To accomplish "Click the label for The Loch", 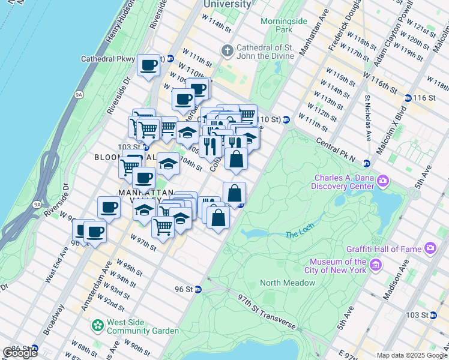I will [300, 234].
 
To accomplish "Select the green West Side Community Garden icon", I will [97, 326].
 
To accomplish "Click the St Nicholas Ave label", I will [367, 117].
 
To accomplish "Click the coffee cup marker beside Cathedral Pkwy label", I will [148, 65].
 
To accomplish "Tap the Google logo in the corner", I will [20, 353].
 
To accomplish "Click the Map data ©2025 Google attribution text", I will [412, 355].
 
